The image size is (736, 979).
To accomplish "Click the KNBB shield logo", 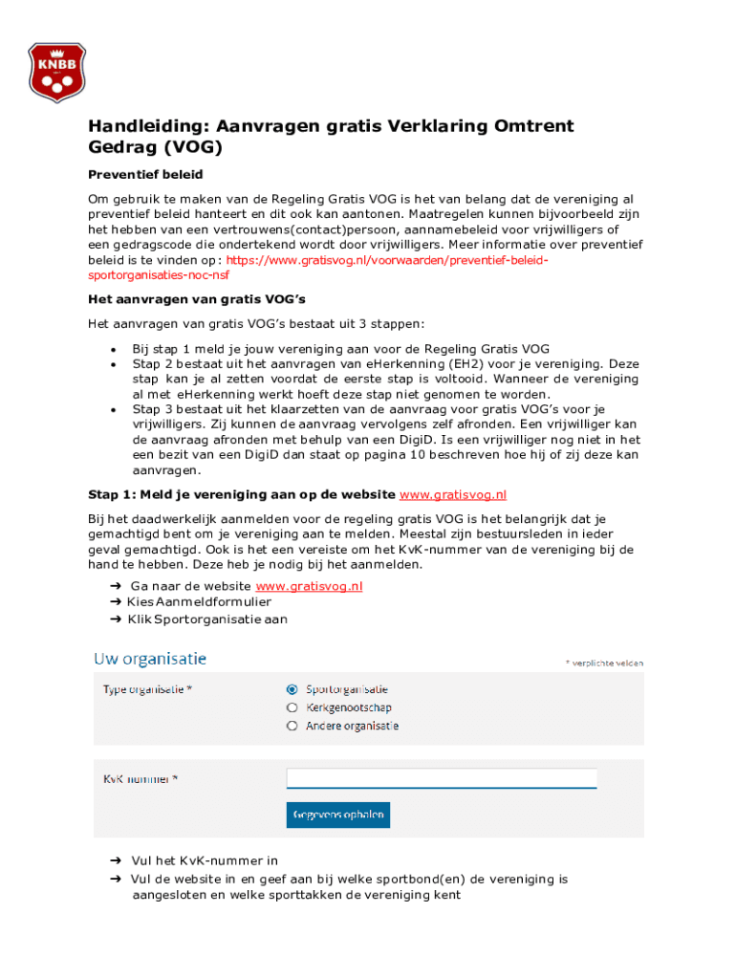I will click(x=56, y=72).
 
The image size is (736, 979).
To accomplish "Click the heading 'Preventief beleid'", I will click(x=145, y=175).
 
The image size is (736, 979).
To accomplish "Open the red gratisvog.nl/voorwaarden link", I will click(x=387, y=260).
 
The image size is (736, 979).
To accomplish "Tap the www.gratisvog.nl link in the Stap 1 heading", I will click(x=452, y=494).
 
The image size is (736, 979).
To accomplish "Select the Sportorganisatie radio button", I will click(x=292, y=689).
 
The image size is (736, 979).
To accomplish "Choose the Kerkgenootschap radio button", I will click(x=292, y=707).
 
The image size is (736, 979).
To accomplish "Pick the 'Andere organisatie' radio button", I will click(x=292, y=726).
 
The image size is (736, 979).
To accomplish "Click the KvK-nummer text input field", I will click(x=442, y=778).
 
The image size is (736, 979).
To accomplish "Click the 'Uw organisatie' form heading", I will click(x=149, y=659).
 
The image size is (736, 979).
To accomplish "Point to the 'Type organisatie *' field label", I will click(x=147, y=689).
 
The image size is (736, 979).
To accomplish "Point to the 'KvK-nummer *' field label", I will click(x=141, y=779).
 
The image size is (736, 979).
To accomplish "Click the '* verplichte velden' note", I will click(x=604, y=663).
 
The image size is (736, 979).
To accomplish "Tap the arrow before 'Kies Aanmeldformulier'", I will click(x=115, y=602).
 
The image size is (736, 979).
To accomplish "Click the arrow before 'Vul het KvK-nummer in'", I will click(x=115, y=860).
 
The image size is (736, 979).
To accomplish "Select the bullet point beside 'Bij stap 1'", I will click(x=114, y=350).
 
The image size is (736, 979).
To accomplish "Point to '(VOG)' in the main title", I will click(x=192, y=147).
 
